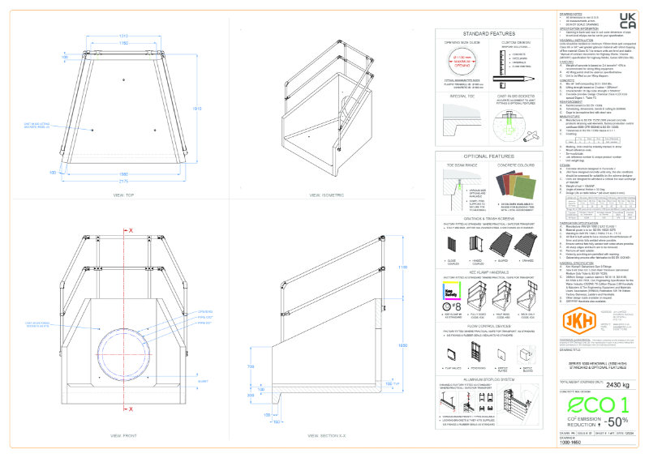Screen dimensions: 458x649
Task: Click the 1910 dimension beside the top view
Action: (x=196, y=108)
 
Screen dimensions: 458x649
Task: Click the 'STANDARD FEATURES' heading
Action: (x=492, y=35)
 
